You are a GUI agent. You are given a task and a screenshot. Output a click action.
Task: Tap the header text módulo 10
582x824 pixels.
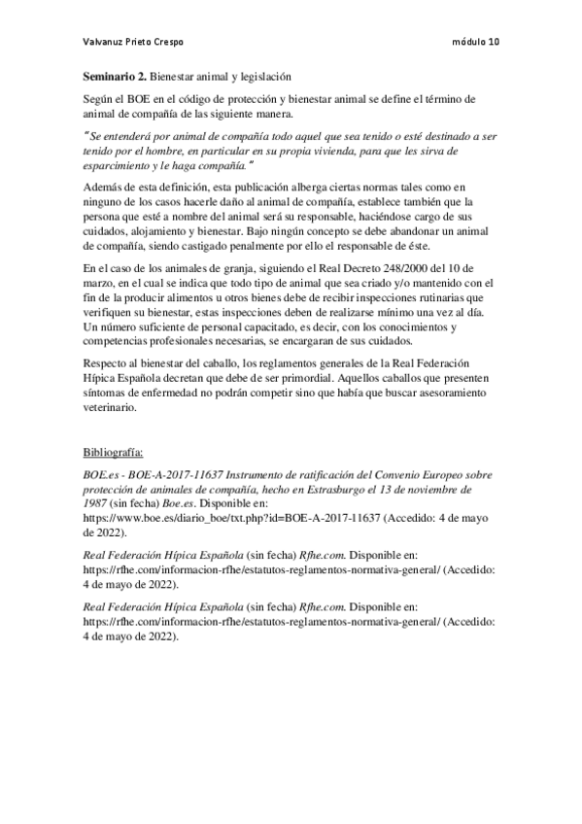point(477,43)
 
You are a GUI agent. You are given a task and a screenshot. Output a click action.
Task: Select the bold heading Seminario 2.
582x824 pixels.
point(114,75)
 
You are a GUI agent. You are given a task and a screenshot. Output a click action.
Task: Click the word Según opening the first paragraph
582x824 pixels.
point(96,100)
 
